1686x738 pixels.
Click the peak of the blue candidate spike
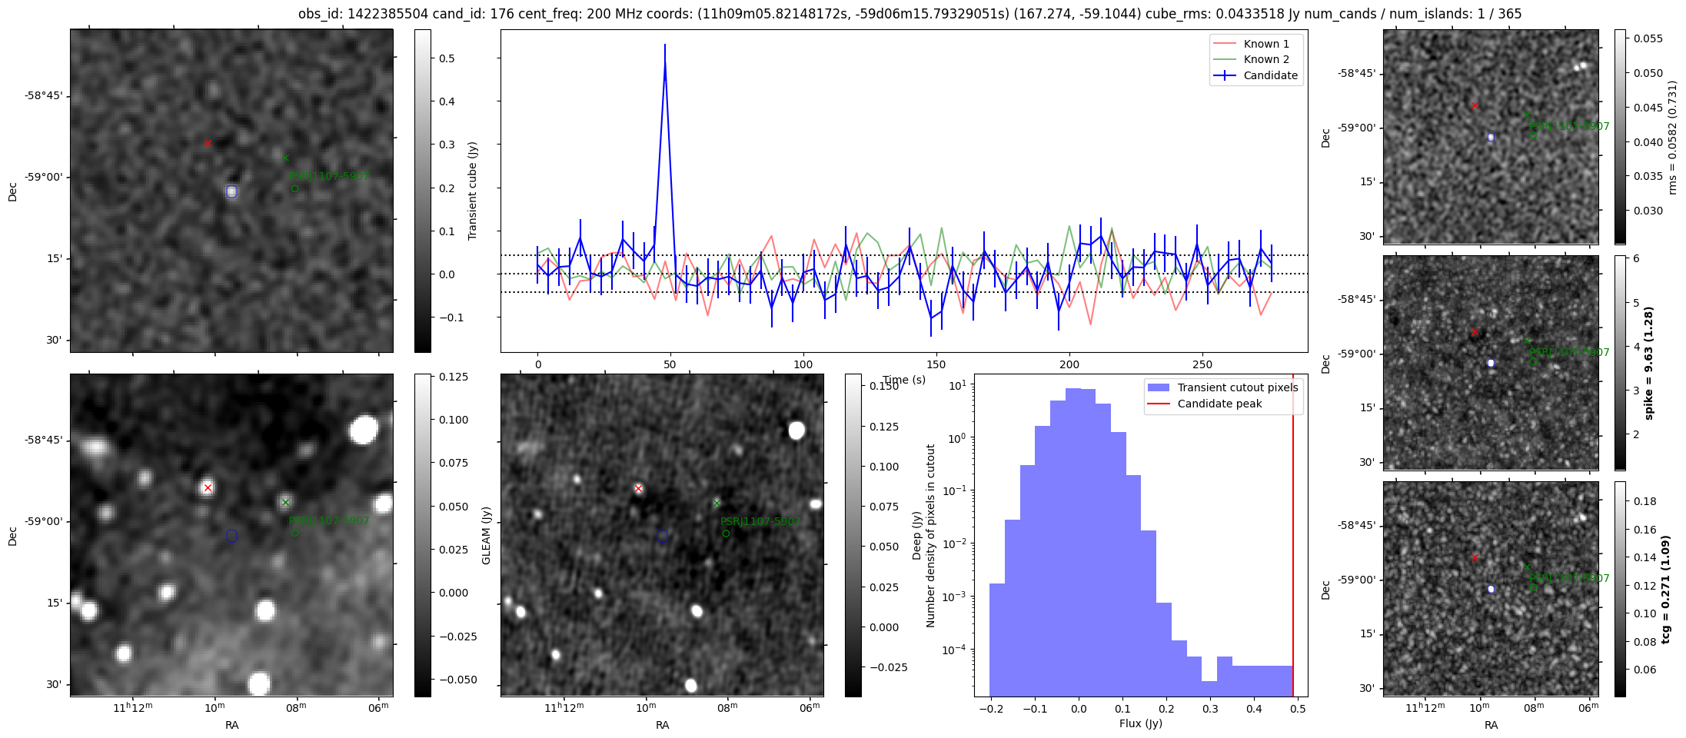click(x=664, y=46)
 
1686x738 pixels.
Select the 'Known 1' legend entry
click(x=1266, y=44)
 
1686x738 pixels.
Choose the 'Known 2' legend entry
click(x=1266, y=59)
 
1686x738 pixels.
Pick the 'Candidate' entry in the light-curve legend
click(x=1270, y=75)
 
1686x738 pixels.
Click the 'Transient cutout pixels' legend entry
click(x=1237, y=387)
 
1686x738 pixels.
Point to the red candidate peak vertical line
click(x=1293, y=538)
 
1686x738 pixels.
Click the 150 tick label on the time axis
click(x=936, y=364)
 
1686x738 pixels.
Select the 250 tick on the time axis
click(x=1202, y=364)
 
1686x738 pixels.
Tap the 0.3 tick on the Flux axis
click(x=1211, y=709)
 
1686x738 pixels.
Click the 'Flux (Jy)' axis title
click(x=1141, y=723)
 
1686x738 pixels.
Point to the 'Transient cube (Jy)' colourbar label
click(x=473, y=191)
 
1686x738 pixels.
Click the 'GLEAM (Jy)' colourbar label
click(x=486, y=535)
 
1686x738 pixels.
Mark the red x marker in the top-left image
click(x=208, y=144)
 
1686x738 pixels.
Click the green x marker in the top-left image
click(x=286, y=158)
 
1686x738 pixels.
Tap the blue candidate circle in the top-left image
click(x=231, y=191)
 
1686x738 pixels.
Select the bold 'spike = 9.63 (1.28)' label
click(x=1648, y=363)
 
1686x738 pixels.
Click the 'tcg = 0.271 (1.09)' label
click(x=1665, y=589)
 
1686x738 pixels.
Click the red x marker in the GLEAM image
click(x=638, y=489)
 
